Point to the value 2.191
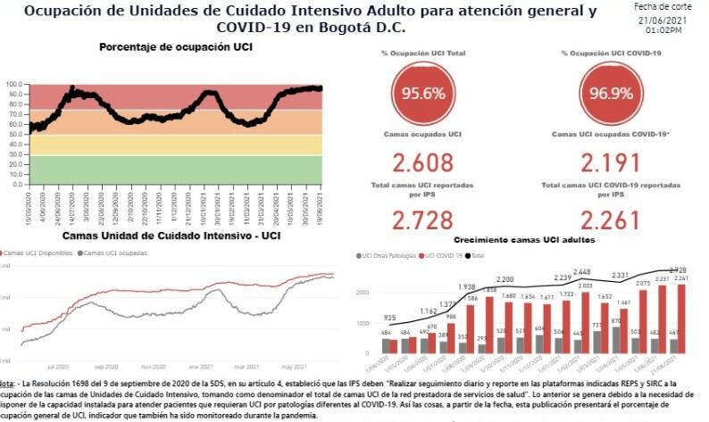click(610, 162)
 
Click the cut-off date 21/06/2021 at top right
click(663, 20)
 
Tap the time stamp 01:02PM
click(663, 30)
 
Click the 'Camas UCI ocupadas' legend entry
click(113, 253)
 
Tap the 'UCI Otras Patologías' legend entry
click(391, 256)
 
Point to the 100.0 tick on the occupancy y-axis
click(14, 85)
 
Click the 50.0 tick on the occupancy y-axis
click(14, 135)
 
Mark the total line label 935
click(389, 318)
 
